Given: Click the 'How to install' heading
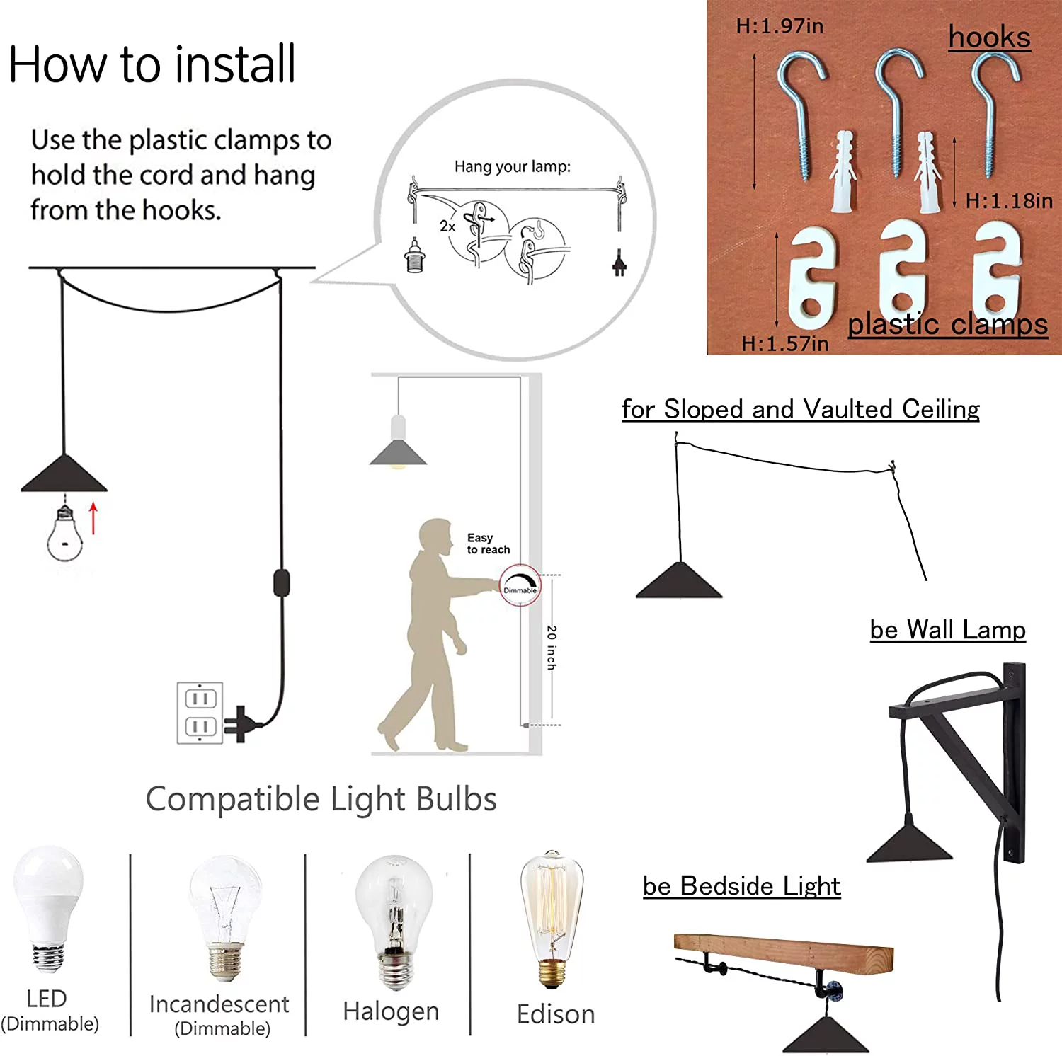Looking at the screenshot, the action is pos(152,64).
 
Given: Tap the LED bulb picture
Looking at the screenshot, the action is pos(49,909).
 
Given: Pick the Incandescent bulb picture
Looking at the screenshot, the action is pos(226,917).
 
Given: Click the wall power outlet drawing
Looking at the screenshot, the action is pos(200,713).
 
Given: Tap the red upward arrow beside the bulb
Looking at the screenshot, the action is pos(93,518).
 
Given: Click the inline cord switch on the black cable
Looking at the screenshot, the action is pos(282,582).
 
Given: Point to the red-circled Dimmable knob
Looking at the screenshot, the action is pos(520,585).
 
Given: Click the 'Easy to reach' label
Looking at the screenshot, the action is pos(489,544).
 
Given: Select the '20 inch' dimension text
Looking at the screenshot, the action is pos(552,647).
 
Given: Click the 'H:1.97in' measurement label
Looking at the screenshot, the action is pos(780,26).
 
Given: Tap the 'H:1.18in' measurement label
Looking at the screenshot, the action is pos(1009,201).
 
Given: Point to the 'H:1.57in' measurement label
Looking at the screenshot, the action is pos(784,344).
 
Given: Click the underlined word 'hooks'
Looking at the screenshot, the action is pos(990,38).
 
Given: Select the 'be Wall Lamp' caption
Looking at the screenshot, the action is pos(948,629).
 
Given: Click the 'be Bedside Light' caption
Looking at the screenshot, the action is pos(742,886).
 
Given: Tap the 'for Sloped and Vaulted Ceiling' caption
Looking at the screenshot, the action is pos(801,409).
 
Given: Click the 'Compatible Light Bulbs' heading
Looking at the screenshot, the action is pos(321,799).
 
